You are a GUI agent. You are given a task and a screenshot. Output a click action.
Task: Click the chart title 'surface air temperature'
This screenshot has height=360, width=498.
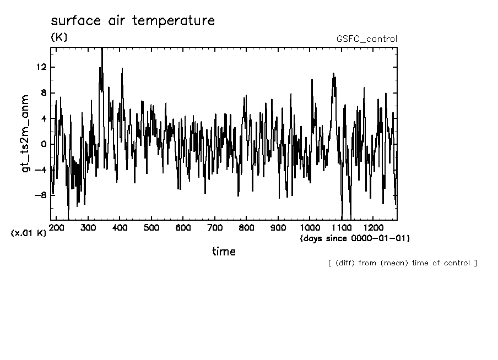tap(132, 21)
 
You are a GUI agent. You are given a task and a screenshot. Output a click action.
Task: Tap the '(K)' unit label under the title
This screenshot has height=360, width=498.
tap(58, 37)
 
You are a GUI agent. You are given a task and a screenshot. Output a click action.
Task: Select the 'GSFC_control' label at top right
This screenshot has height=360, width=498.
tap(366, 39)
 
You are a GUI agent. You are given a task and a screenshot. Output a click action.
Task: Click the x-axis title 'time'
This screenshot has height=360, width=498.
tap(224, 252)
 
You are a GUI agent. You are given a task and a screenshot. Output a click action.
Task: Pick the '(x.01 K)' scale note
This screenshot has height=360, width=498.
tap(28, 233)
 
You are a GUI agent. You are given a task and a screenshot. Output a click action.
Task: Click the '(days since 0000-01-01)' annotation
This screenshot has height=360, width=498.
tap(355, 238)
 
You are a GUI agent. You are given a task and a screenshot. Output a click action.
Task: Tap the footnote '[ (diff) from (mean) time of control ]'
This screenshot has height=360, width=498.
tap(402, 263)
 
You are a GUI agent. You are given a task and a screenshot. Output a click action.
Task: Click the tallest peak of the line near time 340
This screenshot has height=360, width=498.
tap(102, 49)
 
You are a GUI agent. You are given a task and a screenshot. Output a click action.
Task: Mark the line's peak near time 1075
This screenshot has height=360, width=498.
tap(333, 73)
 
